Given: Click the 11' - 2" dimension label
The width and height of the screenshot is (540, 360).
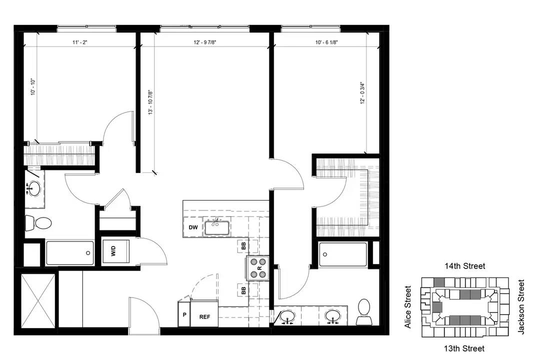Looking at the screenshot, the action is coord(80,42).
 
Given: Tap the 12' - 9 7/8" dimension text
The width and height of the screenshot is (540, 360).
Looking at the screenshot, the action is coord(205,42).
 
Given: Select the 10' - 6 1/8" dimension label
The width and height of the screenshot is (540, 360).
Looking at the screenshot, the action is coord(326,42).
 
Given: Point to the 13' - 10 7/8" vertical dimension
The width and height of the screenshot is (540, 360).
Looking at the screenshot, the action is coord(150,102).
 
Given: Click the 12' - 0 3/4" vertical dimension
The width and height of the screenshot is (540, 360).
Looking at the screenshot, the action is coord(362,93).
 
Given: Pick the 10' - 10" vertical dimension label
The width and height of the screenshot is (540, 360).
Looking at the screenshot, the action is coord(33,86).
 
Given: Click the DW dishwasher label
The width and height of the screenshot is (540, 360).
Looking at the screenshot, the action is coord(193,227).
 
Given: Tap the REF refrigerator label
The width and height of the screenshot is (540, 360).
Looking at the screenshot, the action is coord(204,317).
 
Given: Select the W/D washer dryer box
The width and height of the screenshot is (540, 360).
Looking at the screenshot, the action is coord(116,251).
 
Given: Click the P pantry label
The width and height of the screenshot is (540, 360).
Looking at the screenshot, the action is coord(184,314).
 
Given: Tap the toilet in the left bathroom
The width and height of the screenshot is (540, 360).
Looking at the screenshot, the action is coord(38,223).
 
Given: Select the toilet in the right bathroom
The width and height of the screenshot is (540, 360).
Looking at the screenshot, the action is coord(364,312).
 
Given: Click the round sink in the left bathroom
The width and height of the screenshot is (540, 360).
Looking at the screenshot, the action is coord(34,188).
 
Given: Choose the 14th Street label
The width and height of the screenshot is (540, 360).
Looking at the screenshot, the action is coord(464,266).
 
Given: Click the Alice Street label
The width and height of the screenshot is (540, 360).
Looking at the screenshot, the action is coord(408,307).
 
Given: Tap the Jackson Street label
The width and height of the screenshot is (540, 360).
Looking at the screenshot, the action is coord(521,307).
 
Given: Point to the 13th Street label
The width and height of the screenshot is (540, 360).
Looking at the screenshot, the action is coord(464,348).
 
